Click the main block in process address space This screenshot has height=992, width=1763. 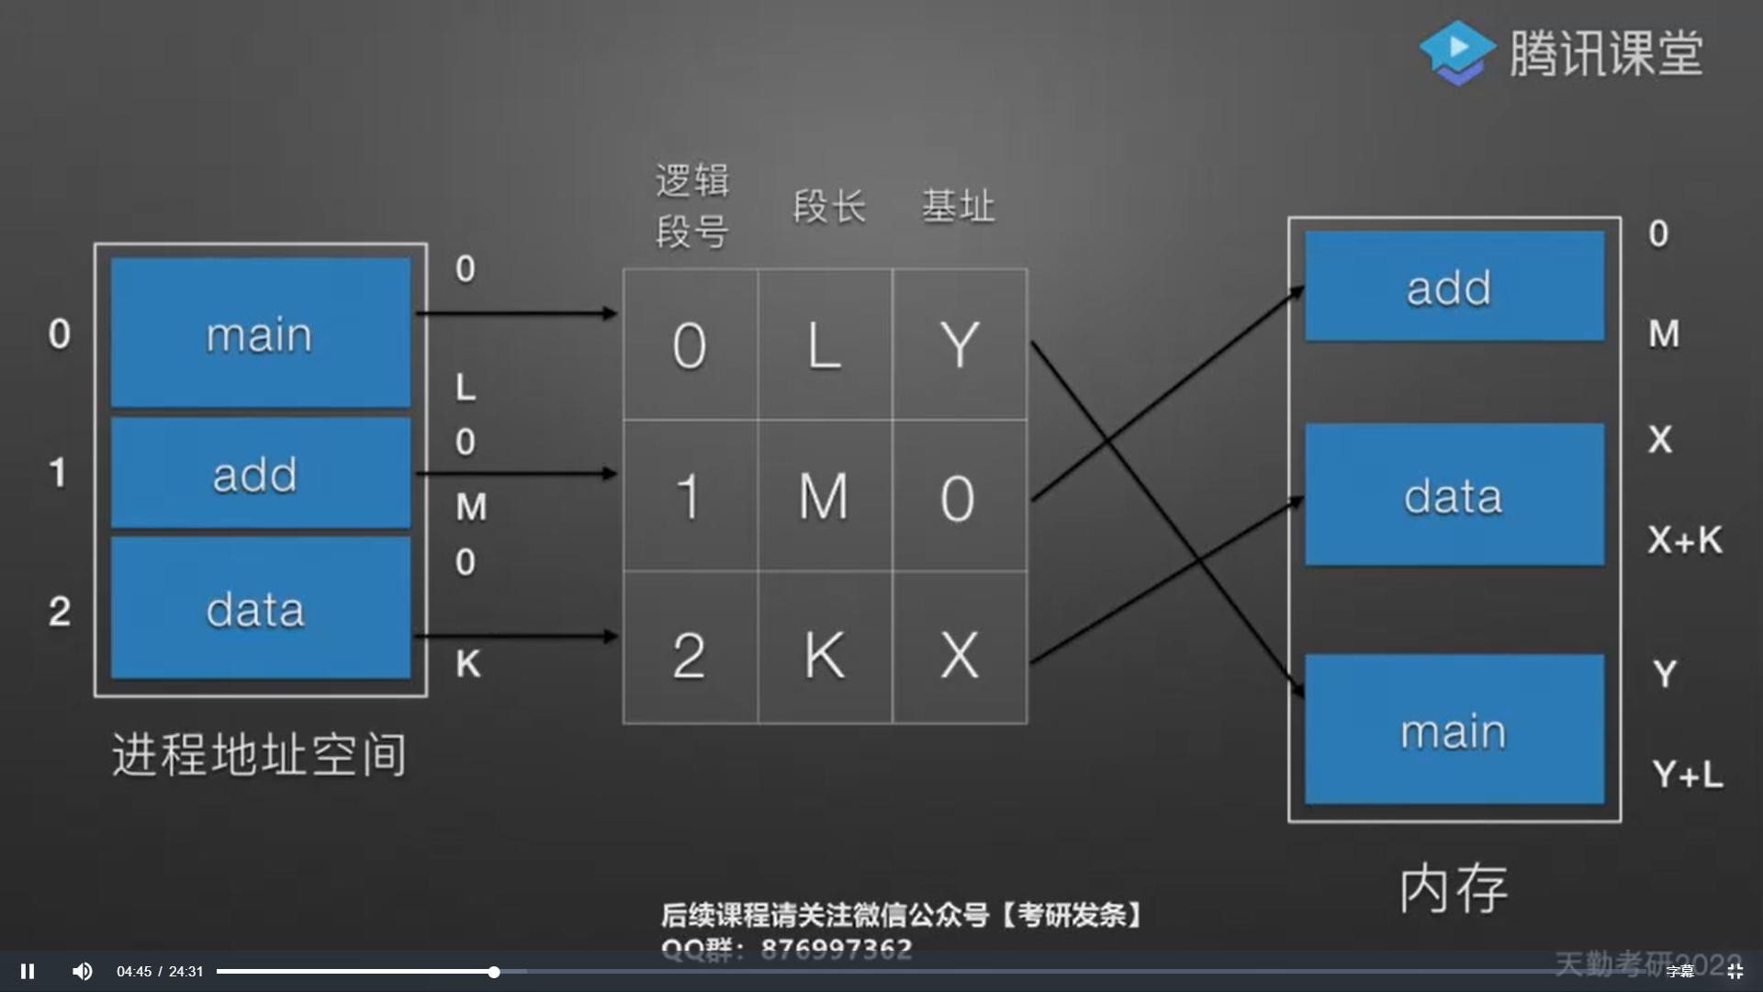[260, 333]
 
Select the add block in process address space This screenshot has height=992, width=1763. [260, 473]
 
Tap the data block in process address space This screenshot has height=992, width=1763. [260, 608]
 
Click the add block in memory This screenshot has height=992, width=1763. [1454, 287]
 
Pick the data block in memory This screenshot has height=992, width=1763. [1454, 495]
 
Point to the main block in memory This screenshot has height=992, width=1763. [1454, 729]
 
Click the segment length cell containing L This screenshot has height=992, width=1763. [825, 345]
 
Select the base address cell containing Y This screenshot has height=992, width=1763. [960, 345]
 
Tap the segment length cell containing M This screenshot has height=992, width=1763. [825, 497]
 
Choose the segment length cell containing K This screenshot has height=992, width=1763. [825, 655]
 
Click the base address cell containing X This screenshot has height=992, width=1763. [960, 655]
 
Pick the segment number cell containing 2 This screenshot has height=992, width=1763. [690, 655]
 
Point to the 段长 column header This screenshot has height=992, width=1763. [829, 207]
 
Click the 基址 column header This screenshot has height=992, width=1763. [958, 207]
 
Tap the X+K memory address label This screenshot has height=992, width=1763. [1685, 540]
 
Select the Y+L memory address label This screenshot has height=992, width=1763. [1687, 774]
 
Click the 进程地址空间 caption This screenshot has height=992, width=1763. [259, 755]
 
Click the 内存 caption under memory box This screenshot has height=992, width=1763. [1453, 888]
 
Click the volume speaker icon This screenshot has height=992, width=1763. [82, 971]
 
